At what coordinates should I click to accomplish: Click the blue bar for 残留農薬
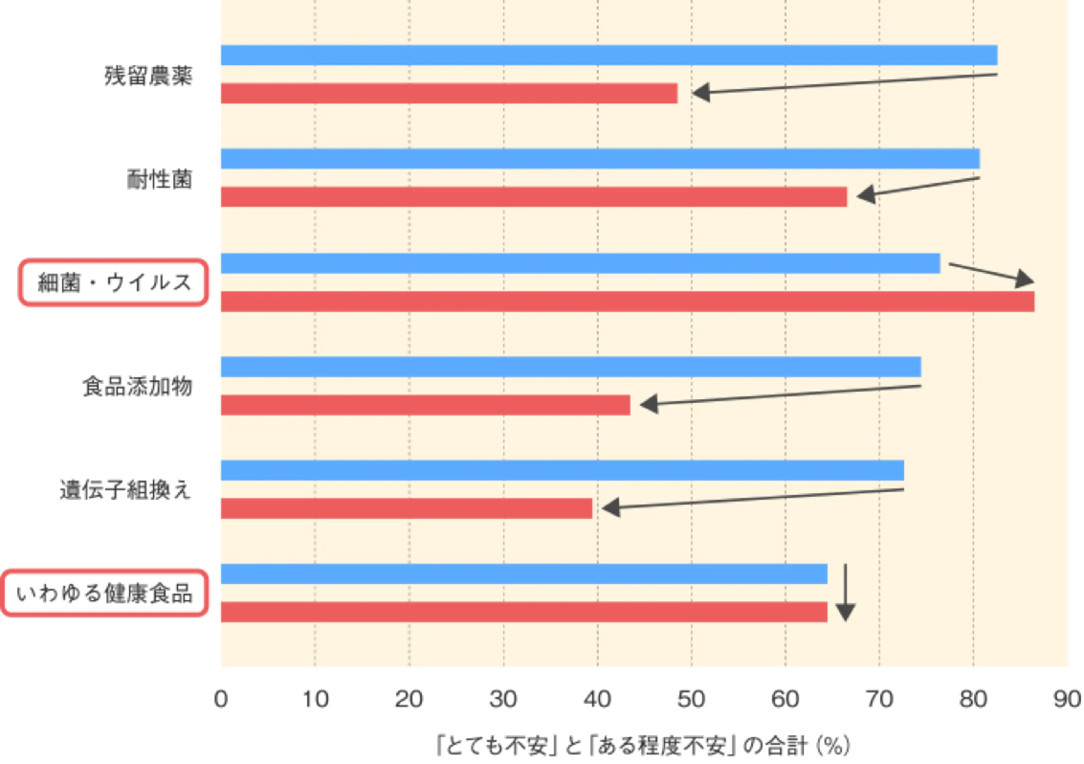[609, 55]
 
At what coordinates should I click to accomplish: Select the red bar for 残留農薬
[449, 93]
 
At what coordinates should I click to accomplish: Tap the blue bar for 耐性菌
[600, 159]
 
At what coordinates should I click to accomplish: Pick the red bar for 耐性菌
[534, 197]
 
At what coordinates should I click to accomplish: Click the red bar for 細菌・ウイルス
[628, 301]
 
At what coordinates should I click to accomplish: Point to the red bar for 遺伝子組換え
[406, 509]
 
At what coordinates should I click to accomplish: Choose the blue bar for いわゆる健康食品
[524, 574]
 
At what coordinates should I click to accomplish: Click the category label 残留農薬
[148, 76]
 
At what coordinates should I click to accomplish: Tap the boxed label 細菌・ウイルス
[113, 283]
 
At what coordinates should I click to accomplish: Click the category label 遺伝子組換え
[125, 490]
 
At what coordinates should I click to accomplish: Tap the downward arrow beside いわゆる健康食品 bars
[845, 593]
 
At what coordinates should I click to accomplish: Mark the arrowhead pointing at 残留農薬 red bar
[701, 93]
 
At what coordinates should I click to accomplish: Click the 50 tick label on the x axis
[691, 699]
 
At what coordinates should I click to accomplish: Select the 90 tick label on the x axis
[1067, 699]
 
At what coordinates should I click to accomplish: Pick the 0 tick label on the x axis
[221, 699]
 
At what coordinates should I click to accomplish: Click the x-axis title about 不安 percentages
[643, 746]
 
